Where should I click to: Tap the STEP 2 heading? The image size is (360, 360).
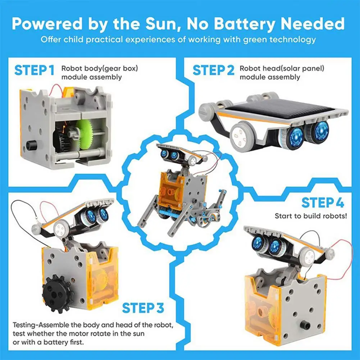214,70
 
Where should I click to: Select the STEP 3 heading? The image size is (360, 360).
143,308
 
